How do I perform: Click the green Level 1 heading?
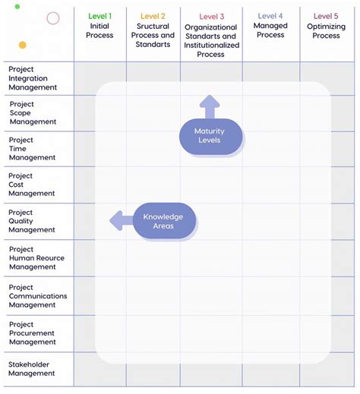click(x=99, y=16)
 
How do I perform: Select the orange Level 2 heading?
click(x=153, y=16)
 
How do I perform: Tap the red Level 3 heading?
click(x=211, y=17)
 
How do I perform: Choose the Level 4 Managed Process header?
click(x=270, y=25)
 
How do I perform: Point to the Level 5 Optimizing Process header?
click(x=326, y=25)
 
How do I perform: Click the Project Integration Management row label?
click(x=33, y=78)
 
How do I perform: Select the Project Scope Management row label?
click(x=33, y=113)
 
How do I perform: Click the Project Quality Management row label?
click(x=32, y=221)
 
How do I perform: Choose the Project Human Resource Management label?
click(x=36, y=258)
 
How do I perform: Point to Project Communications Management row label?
click(x=38, y=296)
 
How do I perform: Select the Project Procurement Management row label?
click(x=33, y=333)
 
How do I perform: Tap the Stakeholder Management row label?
click(x=32, y=369)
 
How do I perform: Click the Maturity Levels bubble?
click(x=211, y=137)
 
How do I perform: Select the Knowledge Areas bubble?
click(x=163, y=221)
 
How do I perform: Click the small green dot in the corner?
click(x=17, y=6)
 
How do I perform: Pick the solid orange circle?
click(x=23, y=45)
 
